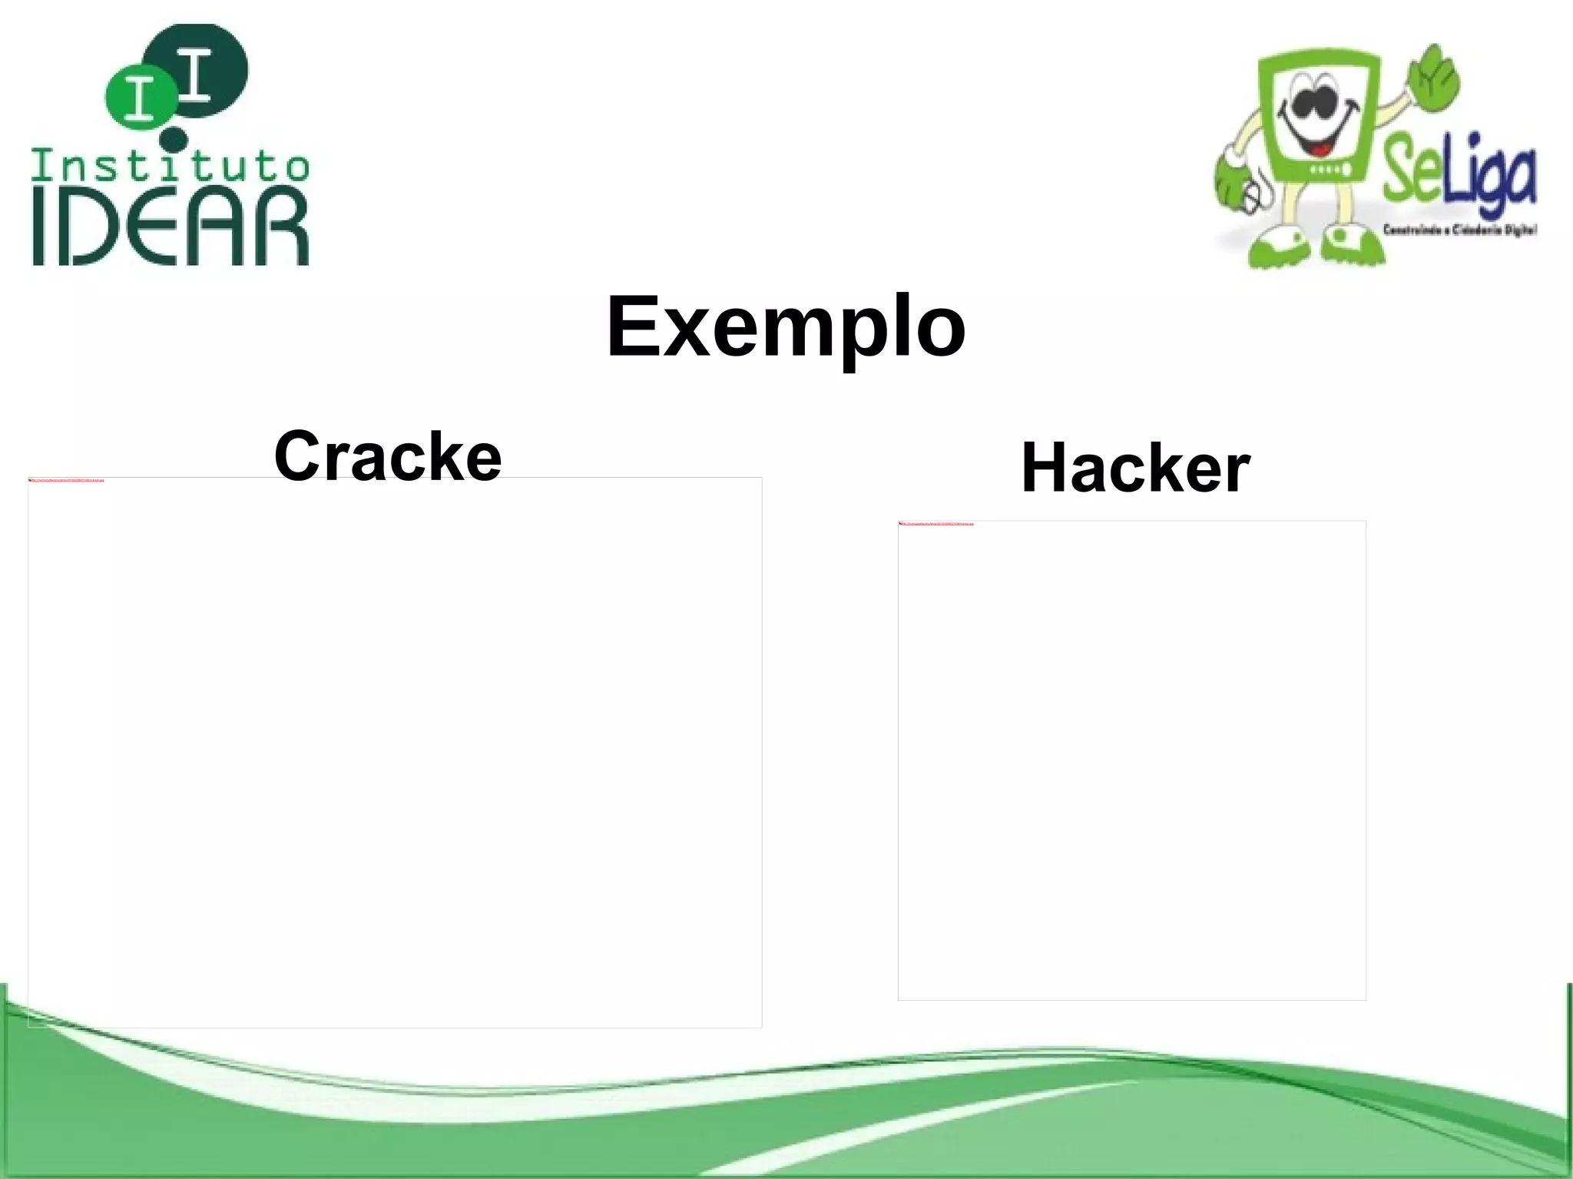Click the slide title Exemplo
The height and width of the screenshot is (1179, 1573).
pyautogui.click(x=785, y=326)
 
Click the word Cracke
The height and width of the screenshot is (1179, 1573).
pyautogui.click(x=387, y=456)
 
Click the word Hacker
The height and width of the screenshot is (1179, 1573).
pyautogui.click(x=1135, y=468)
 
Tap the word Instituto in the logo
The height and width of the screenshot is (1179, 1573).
pyautogui.click(x=170, y=165)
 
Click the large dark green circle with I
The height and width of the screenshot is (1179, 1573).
pyautogui.click(x=202, y=69)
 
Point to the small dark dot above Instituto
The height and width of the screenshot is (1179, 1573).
pyautogui.click(x=175, y=139)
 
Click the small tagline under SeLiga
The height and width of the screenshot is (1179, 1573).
pyautogui.click(x=1458, y=229)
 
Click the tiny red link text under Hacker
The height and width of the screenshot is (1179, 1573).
pyautogui.click(x=936, y=524)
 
